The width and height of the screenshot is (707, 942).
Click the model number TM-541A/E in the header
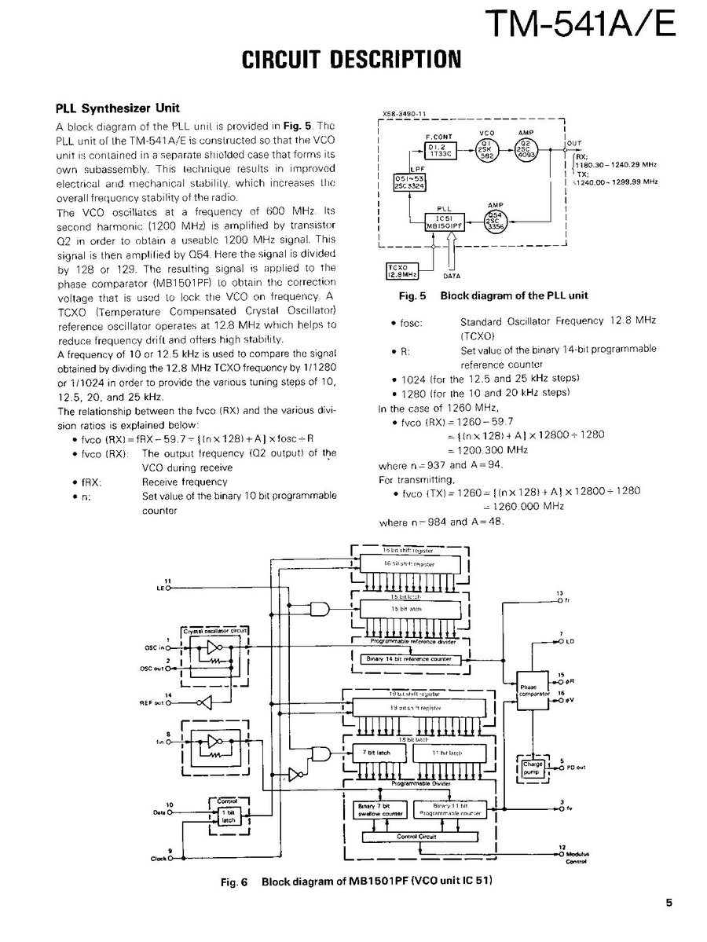click(580, 24)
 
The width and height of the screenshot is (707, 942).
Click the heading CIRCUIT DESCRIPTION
click(351, 60)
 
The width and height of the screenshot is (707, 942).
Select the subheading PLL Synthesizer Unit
click(117, 108)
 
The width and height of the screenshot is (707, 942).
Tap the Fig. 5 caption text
click(493, 296)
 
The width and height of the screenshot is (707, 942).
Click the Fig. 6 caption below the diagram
click(357, 882)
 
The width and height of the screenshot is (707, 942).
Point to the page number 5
click(669, 903)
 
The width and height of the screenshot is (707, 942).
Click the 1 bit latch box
click(228, 816)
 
